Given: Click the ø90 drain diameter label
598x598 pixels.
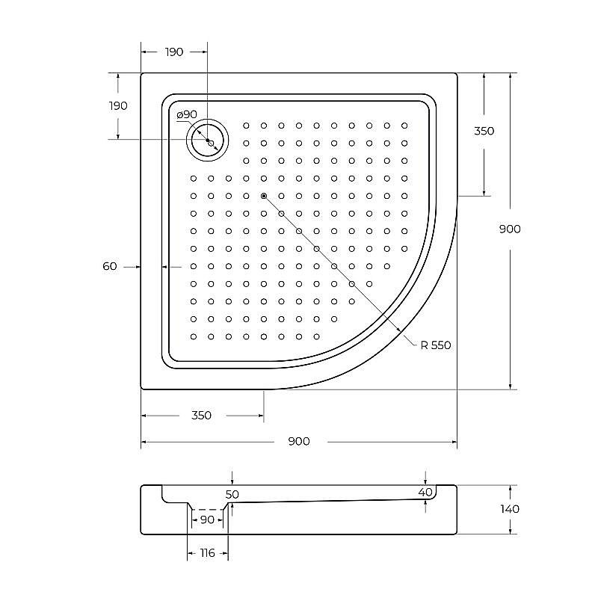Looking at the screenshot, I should click(x=187, y=114).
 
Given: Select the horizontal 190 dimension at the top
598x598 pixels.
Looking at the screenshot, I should click(x=173, y=52).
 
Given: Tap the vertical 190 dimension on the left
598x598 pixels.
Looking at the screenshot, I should click(x=117, y=105).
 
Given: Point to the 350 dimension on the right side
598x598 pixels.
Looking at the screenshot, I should click(x=484, y=131).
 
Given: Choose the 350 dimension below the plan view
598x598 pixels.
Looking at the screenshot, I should click(x=201, y=416).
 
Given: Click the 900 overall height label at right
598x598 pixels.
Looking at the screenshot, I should click(x=510, y=229).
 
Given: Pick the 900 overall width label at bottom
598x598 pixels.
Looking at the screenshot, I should click(x=298, y=441).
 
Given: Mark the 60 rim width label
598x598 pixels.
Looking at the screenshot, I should click(x=110, y=266).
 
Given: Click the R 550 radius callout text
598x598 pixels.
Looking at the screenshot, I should click(x=436, y=345).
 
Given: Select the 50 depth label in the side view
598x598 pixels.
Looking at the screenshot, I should click(x=232, y=494).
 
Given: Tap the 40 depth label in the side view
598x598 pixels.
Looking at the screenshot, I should click(x=425, y=492).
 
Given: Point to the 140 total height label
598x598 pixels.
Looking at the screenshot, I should click(x=510, y=509).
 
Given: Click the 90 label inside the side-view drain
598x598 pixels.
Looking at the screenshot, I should click(x=207, y=520).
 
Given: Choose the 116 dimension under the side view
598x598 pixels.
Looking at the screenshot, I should click(x=207, y=553).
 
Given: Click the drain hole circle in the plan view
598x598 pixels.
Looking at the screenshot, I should click(x=207, y=140).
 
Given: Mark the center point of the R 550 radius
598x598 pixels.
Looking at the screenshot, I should click(x=264, y=196).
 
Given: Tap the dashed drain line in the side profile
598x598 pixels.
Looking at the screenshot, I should click(x=207, y=509).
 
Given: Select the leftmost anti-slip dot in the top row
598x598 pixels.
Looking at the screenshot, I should click(x=246, y=126).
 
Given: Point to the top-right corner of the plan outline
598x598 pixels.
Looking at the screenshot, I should click(x=456, y=73).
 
